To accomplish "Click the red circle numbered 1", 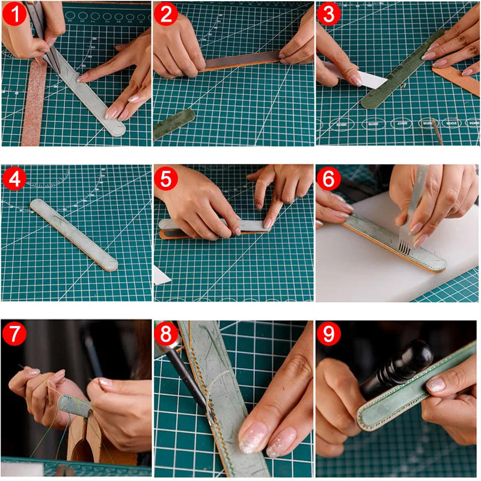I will pyautogui.click(x=15, y=14).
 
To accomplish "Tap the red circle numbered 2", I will pyautogui.click(x=167, y=14).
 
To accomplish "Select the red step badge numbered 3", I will pyautogui.click(x=328, y=14).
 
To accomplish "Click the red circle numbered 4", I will pyautogui.click(x=15, y=179).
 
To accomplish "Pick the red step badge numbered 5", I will pyautogui.click(x=167, y=179).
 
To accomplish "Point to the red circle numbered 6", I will pyautogui.click(x=328, y=179).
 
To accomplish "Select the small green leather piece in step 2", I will pyautogui.click(x=174, y=123).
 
